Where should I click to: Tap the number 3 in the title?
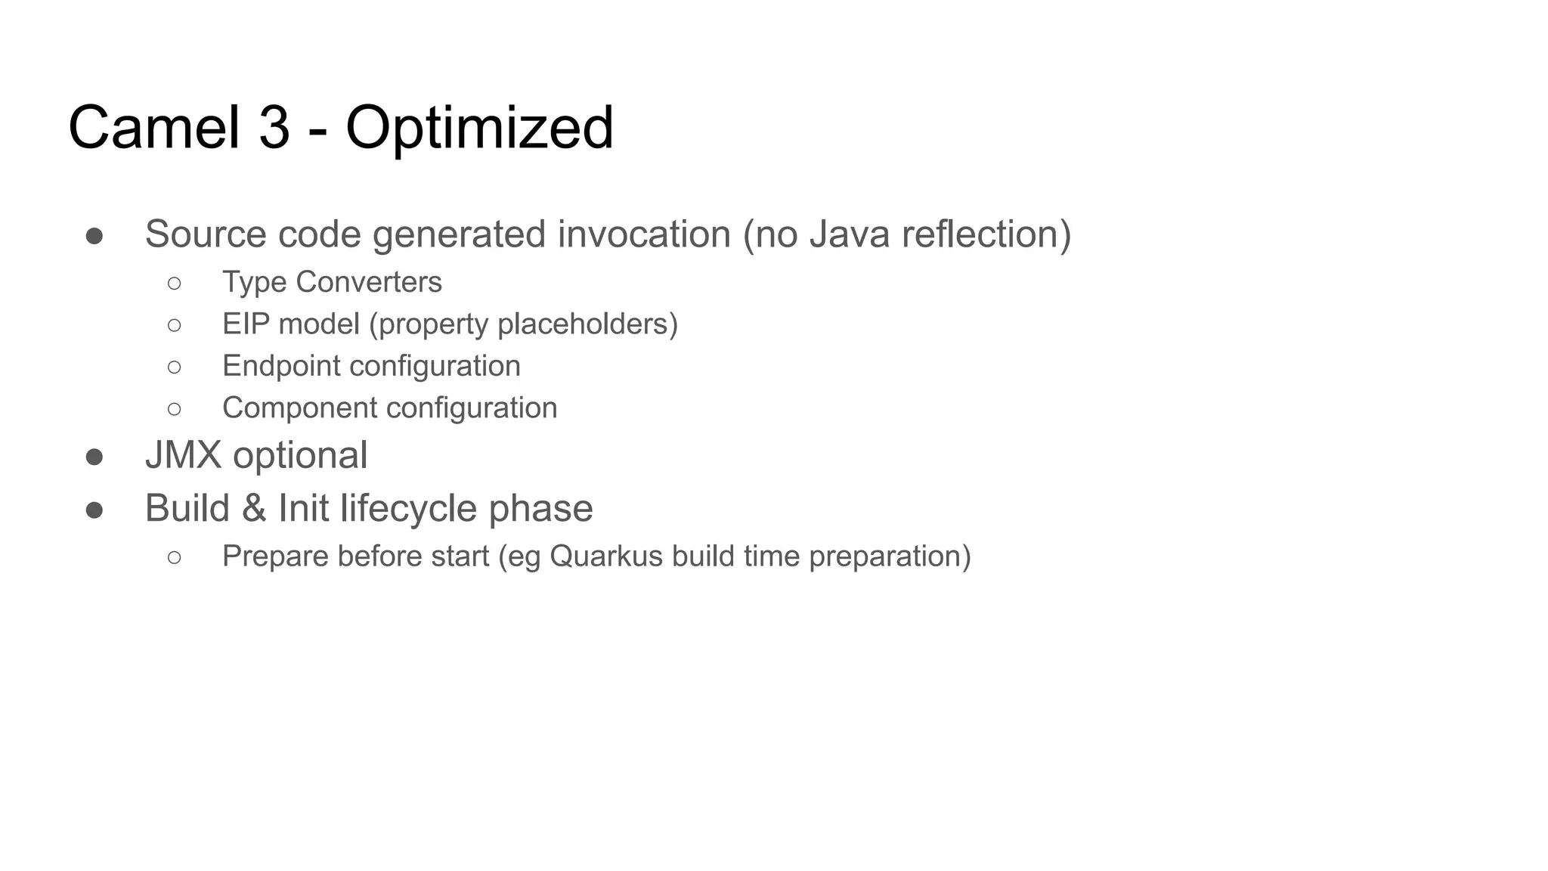(x=274, y=128)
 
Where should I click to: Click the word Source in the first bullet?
(x=205, y=234)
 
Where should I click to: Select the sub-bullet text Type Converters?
(x=332, y=282)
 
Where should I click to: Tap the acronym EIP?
(x=246, y=324)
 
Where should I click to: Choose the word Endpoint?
(x=281, y=366)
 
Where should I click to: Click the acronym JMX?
(x=183, y=455)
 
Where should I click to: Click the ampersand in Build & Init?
(x=254, y=508)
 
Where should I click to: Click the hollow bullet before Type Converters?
(x=175, y=284)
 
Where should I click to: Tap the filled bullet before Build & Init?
(x=94, y=510)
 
